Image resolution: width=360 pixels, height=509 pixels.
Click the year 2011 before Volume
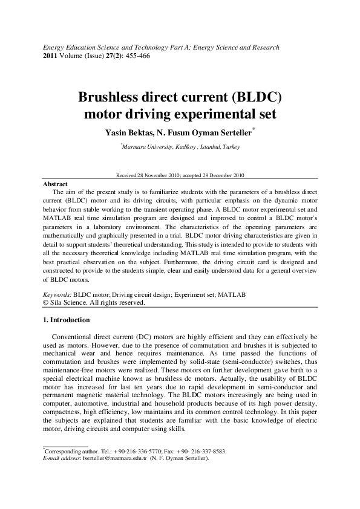pos(50,56)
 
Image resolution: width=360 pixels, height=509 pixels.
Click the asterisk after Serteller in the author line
pos(254,128)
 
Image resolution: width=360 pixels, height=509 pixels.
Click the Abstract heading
pos(56,183)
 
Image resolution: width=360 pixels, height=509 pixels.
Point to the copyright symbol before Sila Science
pos(45,302)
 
